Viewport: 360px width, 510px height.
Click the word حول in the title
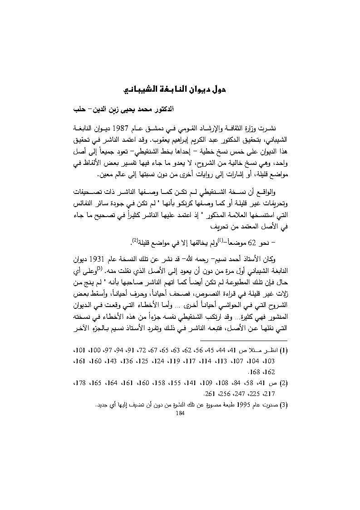pyautogui.click(x=217, y=89)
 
